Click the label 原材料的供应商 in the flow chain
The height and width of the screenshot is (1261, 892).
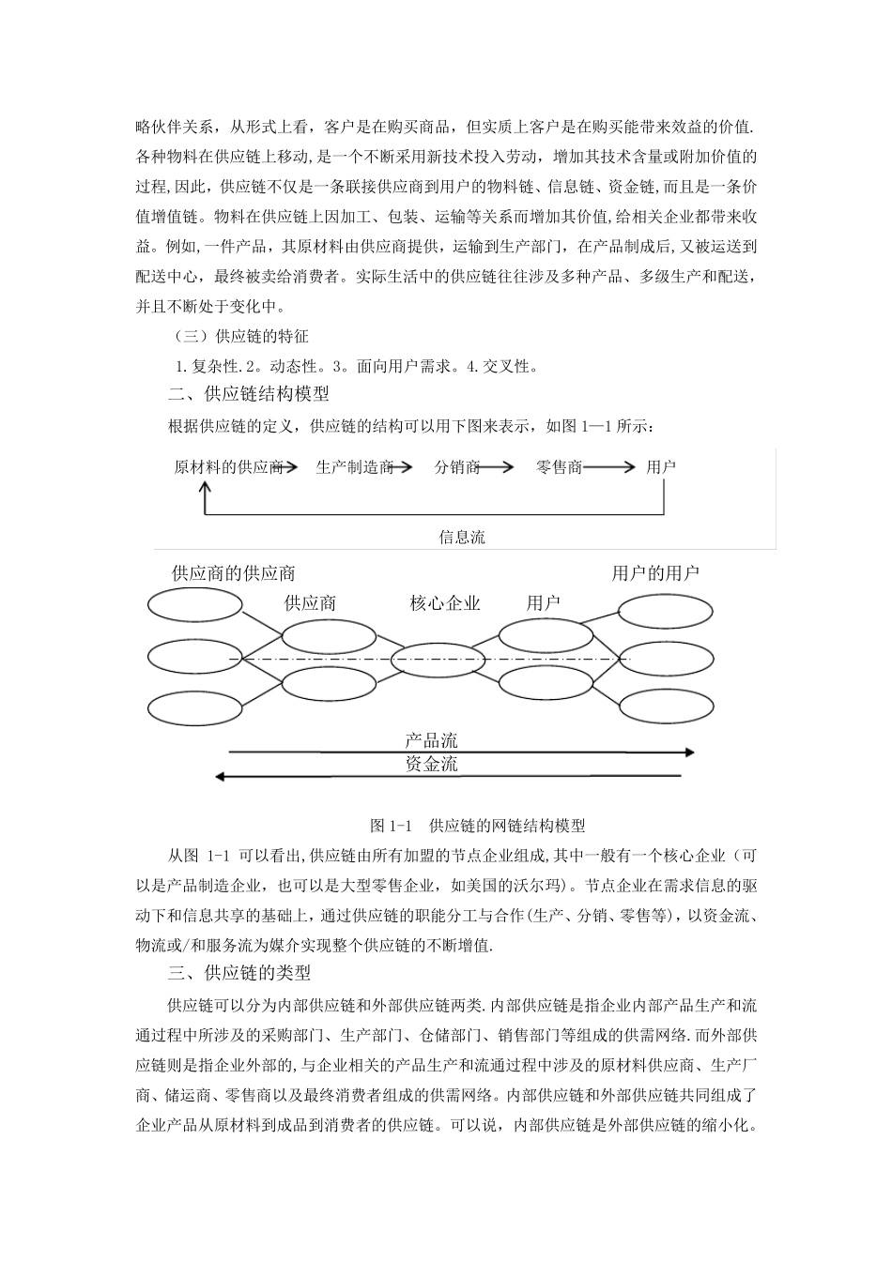point(228,466)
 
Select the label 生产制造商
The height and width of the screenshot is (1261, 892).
point(354,466)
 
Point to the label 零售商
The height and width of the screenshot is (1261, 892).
point(559,466)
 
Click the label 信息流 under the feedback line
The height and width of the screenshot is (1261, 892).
point(462,538)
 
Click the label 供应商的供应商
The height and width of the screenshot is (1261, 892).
point(234,573)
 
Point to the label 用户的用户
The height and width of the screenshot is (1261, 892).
point(655,573)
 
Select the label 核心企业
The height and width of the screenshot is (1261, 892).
point(445,603)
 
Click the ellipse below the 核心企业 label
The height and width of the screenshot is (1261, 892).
point(430,661)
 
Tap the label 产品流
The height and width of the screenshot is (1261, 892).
point(432,741)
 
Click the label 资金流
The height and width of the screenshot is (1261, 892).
point(432,765)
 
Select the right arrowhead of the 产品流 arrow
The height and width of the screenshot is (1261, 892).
point(690,752)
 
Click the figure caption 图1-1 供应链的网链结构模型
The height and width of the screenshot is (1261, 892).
point(478,826)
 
